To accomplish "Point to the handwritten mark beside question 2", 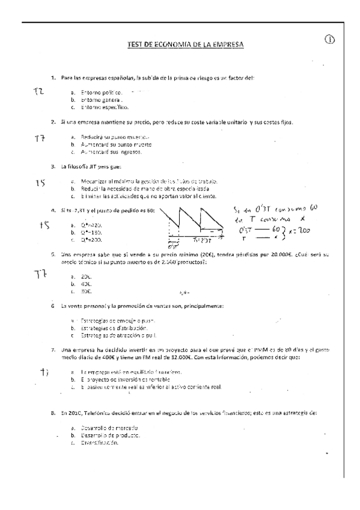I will [x=40, y=138].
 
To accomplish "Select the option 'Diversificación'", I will [x=99, y=442].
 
